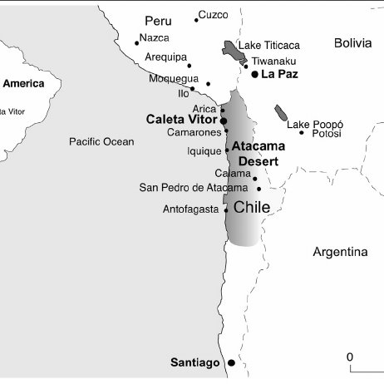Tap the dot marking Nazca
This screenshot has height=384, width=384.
tap(136, 42)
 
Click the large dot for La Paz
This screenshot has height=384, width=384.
tap(254, 74)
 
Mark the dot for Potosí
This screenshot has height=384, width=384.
tap(302, 133)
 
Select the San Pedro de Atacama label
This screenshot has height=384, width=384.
tap(193, 188)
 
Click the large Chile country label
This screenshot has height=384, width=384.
tap(252, 208)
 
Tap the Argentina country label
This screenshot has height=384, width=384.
tap(340, 251)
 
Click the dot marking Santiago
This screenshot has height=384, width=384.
tap(231, 363)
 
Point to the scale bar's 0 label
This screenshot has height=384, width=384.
tap(350, 357)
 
